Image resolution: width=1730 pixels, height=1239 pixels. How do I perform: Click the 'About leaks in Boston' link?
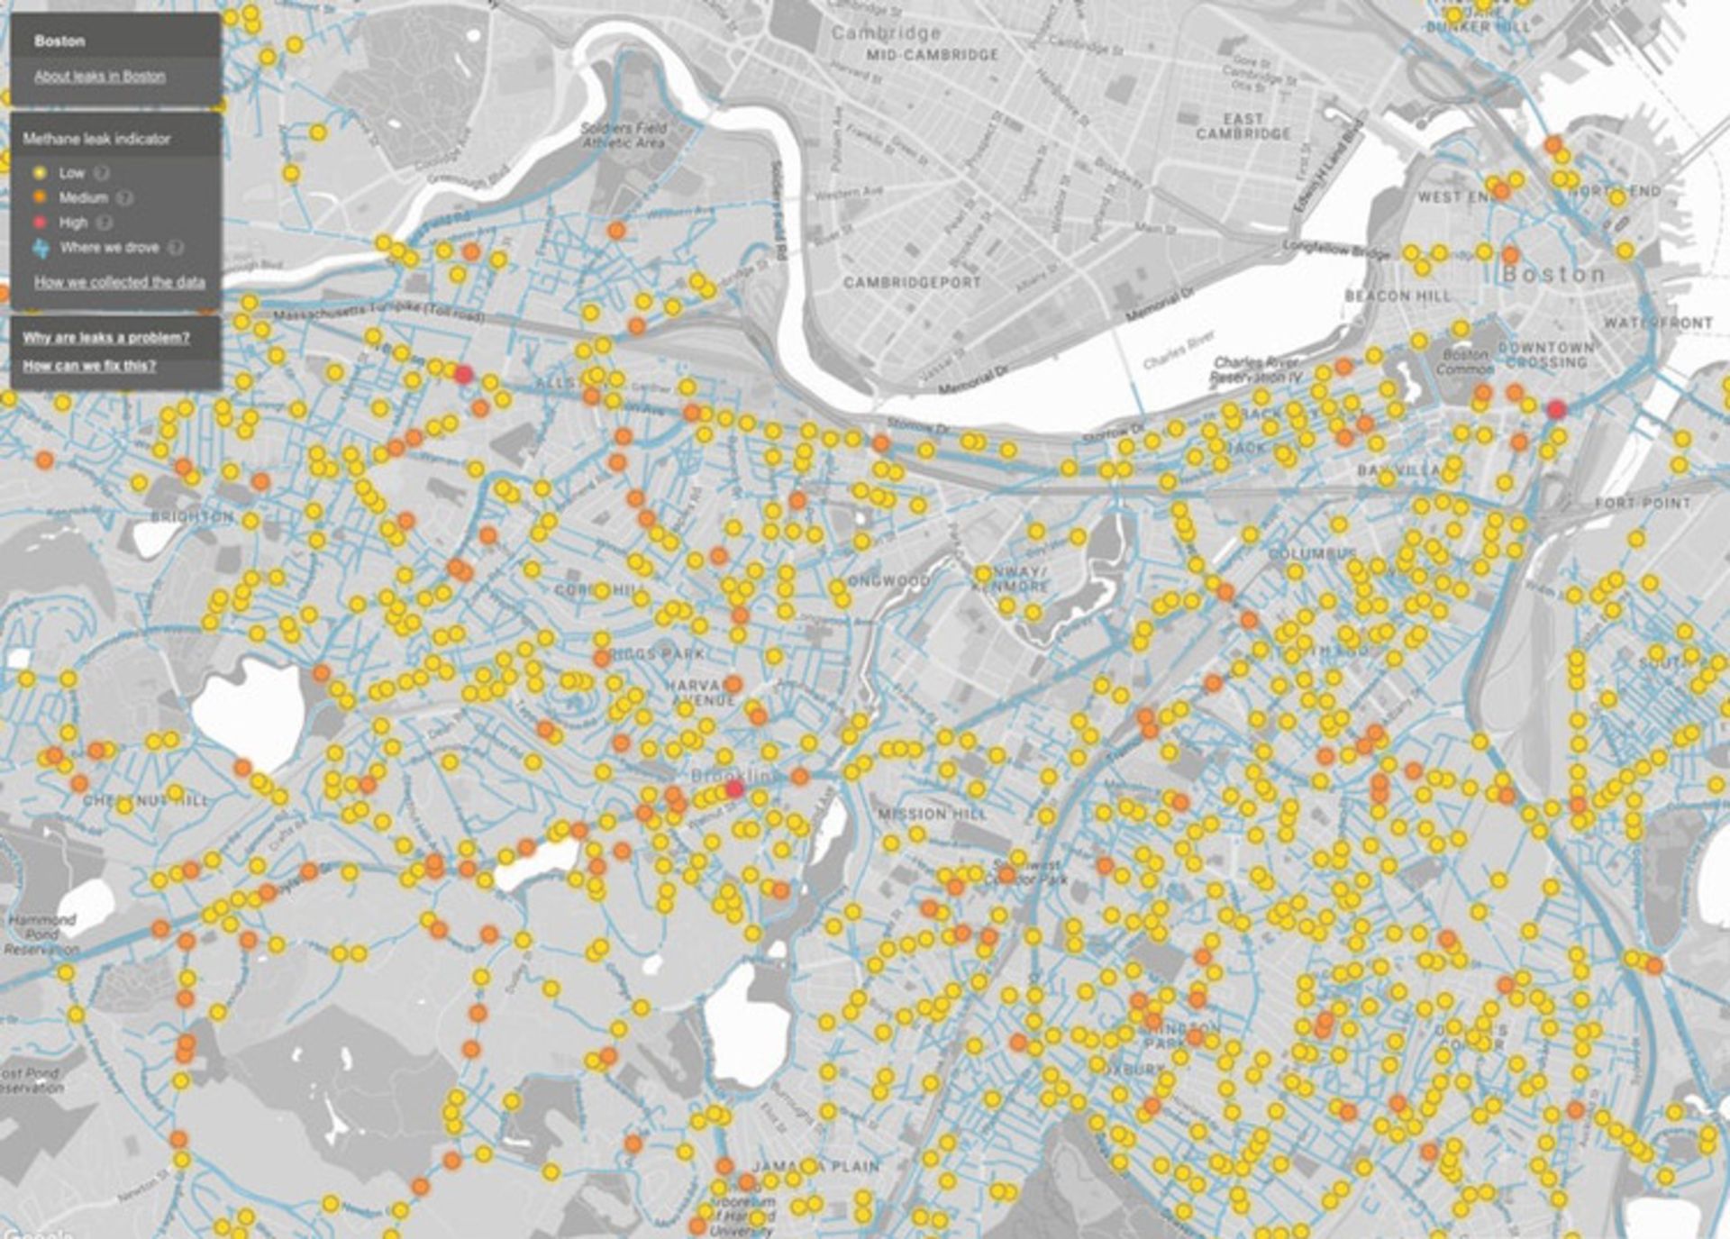click(99, 77)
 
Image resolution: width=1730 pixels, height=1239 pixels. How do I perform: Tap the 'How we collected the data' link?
click(119, 282)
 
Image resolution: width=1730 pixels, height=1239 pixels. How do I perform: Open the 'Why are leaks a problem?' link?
click(106, 338)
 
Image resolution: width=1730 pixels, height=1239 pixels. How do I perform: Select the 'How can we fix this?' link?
click(89, 366)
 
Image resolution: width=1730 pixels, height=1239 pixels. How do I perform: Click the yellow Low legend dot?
click(40, 173)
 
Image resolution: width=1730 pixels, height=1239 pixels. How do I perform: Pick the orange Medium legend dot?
click(40, 197)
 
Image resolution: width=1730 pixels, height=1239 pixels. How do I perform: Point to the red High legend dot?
click(40, 222)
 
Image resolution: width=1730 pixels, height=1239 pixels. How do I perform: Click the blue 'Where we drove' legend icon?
click(41, 248)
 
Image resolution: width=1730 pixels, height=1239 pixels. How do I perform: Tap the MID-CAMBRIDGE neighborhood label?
click(932, 55)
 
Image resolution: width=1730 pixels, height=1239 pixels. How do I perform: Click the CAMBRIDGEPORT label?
click(912, 282)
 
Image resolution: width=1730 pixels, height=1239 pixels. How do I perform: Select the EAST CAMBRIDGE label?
click(1243, 126)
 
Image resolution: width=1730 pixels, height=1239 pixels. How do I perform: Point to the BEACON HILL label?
click(1398, 296)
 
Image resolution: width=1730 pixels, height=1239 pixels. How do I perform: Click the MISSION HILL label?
click(932, 814)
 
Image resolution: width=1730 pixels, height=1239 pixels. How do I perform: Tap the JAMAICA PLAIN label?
click(815, 1166)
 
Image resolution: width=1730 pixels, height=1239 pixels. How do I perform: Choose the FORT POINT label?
click(1643, 503)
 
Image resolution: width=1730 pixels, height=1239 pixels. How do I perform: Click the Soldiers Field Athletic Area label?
click(624, 135)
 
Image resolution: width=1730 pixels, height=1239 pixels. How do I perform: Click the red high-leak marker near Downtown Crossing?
click(1556, 410)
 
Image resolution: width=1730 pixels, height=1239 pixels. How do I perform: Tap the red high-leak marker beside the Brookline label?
click(734, 789)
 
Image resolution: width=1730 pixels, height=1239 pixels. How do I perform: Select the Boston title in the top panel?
click(59, 41)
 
